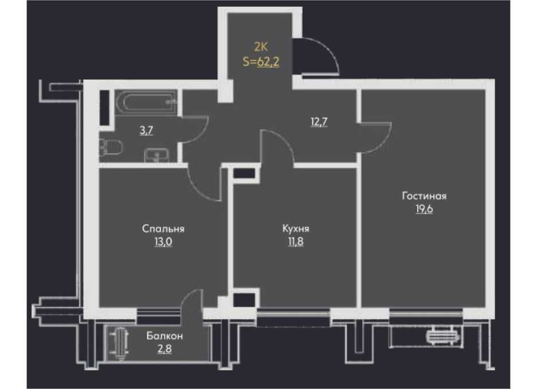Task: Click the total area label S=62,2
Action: point(261,62)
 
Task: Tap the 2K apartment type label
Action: point(261,46)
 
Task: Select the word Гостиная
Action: point(424,196)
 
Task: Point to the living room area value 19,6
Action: point(424,209)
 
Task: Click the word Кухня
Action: point(296,228)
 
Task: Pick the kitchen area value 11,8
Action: point(296,242)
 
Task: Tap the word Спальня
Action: point(163,228)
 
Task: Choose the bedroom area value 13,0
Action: point(163,242)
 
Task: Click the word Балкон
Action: point(164,336)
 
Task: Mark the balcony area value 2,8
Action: point(164,349)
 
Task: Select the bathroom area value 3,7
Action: point(146,131)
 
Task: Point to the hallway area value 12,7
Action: point(319,122)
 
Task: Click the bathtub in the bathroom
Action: point(146,102)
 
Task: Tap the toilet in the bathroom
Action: point(111,147)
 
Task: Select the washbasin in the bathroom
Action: point(156,155)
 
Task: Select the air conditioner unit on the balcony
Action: point(120,344)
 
